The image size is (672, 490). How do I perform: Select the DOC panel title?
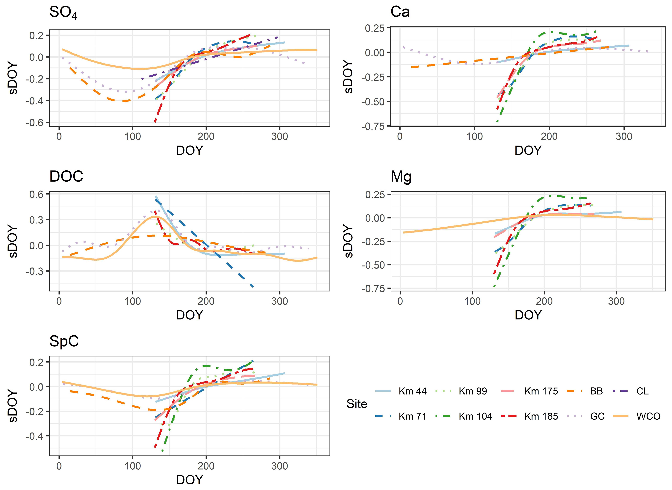[66, 176]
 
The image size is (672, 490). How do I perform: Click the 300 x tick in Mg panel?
[616, 301]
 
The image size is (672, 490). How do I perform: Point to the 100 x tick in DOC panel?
[132, 301]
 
